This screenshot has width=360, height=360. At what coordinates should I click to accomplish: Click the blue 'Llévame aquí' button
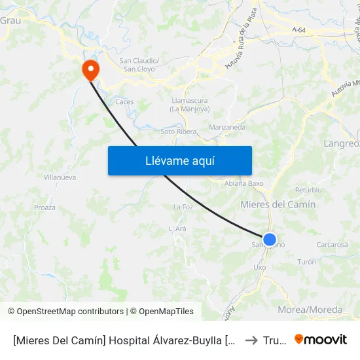(179, 160)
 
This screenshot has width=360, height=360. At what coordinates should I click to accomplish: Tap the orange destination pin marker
(89, 69)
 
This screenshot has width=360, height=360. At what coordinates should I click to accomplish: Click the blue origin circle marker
(269, 240)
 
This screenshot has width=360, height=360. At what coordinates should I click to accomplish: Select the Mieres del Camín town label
(278, 204)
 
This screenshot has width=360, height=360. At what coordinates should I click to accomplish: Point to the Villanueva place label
(60, 177)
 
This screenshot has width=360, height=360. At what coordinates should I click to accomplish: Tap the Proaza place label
(45, 207)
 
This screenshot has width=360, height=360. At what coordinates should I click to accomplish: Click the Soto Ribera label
(179, 132)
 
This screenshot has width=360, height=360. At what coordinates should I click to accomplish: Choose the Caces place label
(124, 102)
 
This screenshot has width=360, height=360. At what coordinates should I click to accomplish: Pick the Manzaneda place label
(227, 127)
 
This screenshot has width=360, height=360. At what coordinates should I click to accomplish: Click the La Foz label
(183, 207)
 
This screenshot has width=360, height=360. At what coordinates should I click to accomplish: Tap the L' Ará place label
(177, 228)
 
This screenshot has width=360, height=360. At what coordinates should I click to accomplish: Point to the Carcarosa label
(332, 245)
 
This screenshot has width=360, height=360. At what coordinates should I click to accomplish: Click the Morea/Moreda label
(310, 310)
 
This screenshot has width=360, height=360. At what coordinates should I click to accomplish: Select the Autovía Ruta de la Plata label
(238, 46)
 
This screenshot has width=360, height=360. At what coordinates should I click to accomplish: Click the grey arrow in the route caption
(251, 340)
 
